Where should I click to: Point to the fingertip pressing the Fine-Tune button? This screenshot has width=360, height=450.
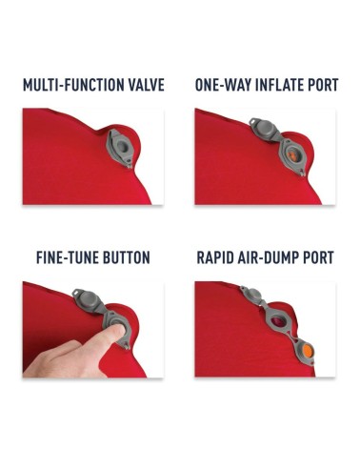pyautogui.click(x=118, y=331)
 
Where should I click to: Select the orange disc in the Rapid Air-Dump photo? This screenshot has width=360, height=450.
pyautogui.click(x=308, y=351)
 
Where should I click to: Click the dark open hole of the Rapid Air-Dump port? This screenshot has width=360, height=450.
pyautogui.click(x=279, y=323)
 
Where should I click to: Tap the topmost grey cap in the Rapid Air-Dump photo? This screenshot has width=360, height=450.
pyautogui.click(x=252, y=294)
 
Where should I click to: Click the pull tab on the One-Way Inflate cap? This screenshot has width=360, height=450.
pyautogui.click(x=254, y=121)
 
